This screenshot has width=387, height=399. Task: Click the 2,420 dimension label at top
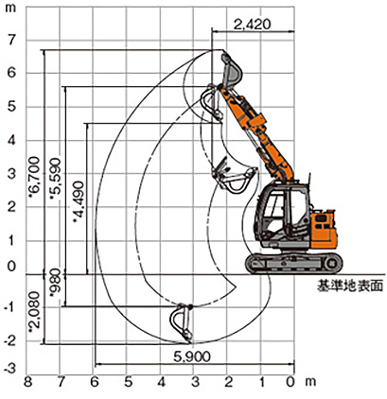(252, 25)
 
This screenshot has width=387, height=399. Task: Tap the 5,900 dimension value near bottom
(192, 356)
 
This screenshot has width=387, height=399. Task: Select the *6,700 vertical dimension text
(34, 177)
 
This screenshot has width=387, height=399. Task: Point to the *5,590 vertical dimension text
(56, 179)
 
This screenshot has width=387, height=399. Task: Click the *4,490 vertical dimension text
(79, 201)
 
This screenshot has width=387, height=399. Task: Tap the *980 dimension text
(56, 283)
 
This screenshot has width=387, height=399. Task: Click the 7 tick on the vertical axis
(11, 41)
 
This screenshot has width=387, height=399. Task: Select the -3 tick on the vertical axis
(10, 369)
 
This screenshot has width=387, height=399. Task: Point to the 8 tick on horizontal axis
(27, 382)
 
